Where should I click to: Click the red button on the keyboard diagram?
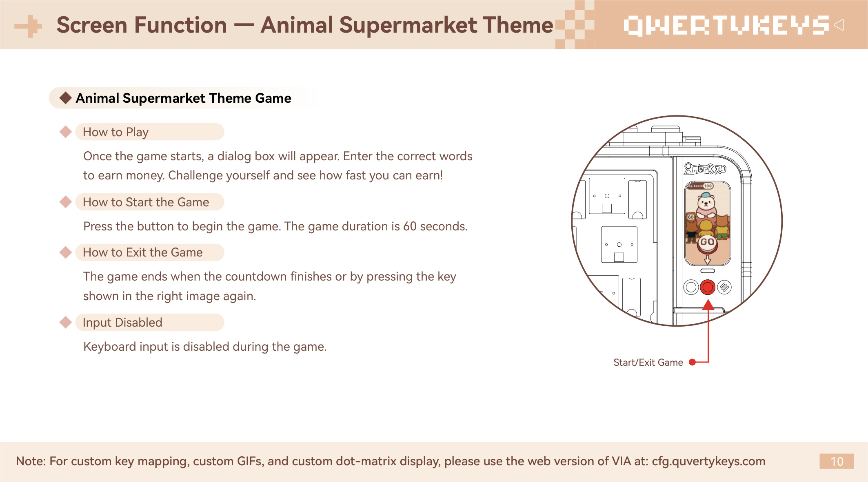pos(708,287)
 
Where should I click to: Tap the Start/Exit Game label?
pos(648,363)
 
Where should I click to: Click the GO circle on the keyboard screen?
pos(707,242)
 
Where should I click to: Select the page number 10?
pos(837,461)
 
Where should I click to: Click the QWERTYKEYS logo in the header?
pos(726,25)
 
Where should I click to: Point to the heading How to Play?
pos(115,132)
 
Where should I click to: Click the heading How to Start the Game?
pos(146,202)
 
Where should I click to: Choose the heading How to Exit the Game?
pos(142,252)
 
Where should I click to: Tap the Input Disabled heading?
pos(122,323)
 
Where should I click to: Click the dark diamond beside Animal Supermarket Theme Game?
pos(65,98)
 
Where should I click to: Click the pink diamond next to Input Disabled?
pos(65,322)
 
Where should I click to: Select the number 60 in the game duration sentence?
pos(410,226)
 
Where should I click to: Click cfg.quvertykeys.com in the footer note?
pos(708,461)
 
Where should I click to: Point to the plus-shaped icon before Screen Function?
pos(29,26)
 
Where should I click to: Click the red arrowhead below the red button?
pos(708,305)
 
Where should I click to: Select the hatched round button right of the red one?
pos(724,287)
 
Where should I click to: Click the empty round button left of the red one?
pos(691,287)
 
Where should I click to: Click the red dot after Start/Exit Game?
pos(692,362)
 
